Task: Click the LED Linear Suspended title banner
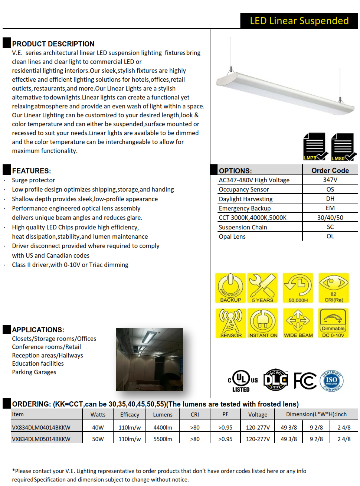299,21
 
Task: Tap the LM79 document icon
315,146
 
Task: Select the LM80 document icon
343,146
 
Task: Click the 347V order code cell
330,180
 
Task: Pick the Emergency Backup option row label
245,208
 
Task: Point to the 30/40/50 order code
330,218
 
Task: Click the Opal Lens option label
232,237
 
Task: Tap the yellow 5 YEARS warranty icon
262,288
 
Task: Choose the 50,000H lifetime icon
298,288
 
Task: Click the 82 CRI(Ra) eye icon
334,288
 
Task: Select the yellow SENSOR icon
230,323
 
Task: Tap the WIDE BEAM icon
298,323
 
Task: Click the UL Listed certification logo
242,381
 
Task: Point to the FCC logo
305,381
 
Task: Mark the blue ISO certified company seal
331,380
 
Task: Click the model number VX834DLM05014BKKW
41,439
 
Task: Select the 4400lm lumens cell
163,427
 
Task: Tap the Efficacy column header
130,414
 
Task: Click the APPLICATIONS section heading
38,330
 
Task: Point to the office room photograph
149,359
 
